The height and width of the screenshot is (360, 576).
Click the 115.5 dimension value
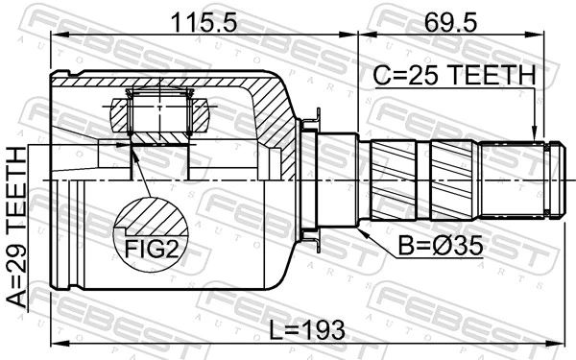[x=203, y=18]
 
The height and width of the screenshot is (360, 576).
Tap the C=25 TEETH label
[x=452, y=74]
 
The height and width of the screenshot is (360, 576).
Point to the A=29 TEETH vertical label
[x=18, y=227]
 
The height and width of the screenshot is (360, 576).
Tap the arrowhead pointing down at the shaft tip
[x=536, y=135]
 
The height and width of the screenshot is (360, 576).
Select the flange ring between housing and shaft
[x=310, y=180]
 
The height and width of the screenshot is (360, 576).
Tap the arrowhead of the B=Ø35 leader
[x=362, y=229]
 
